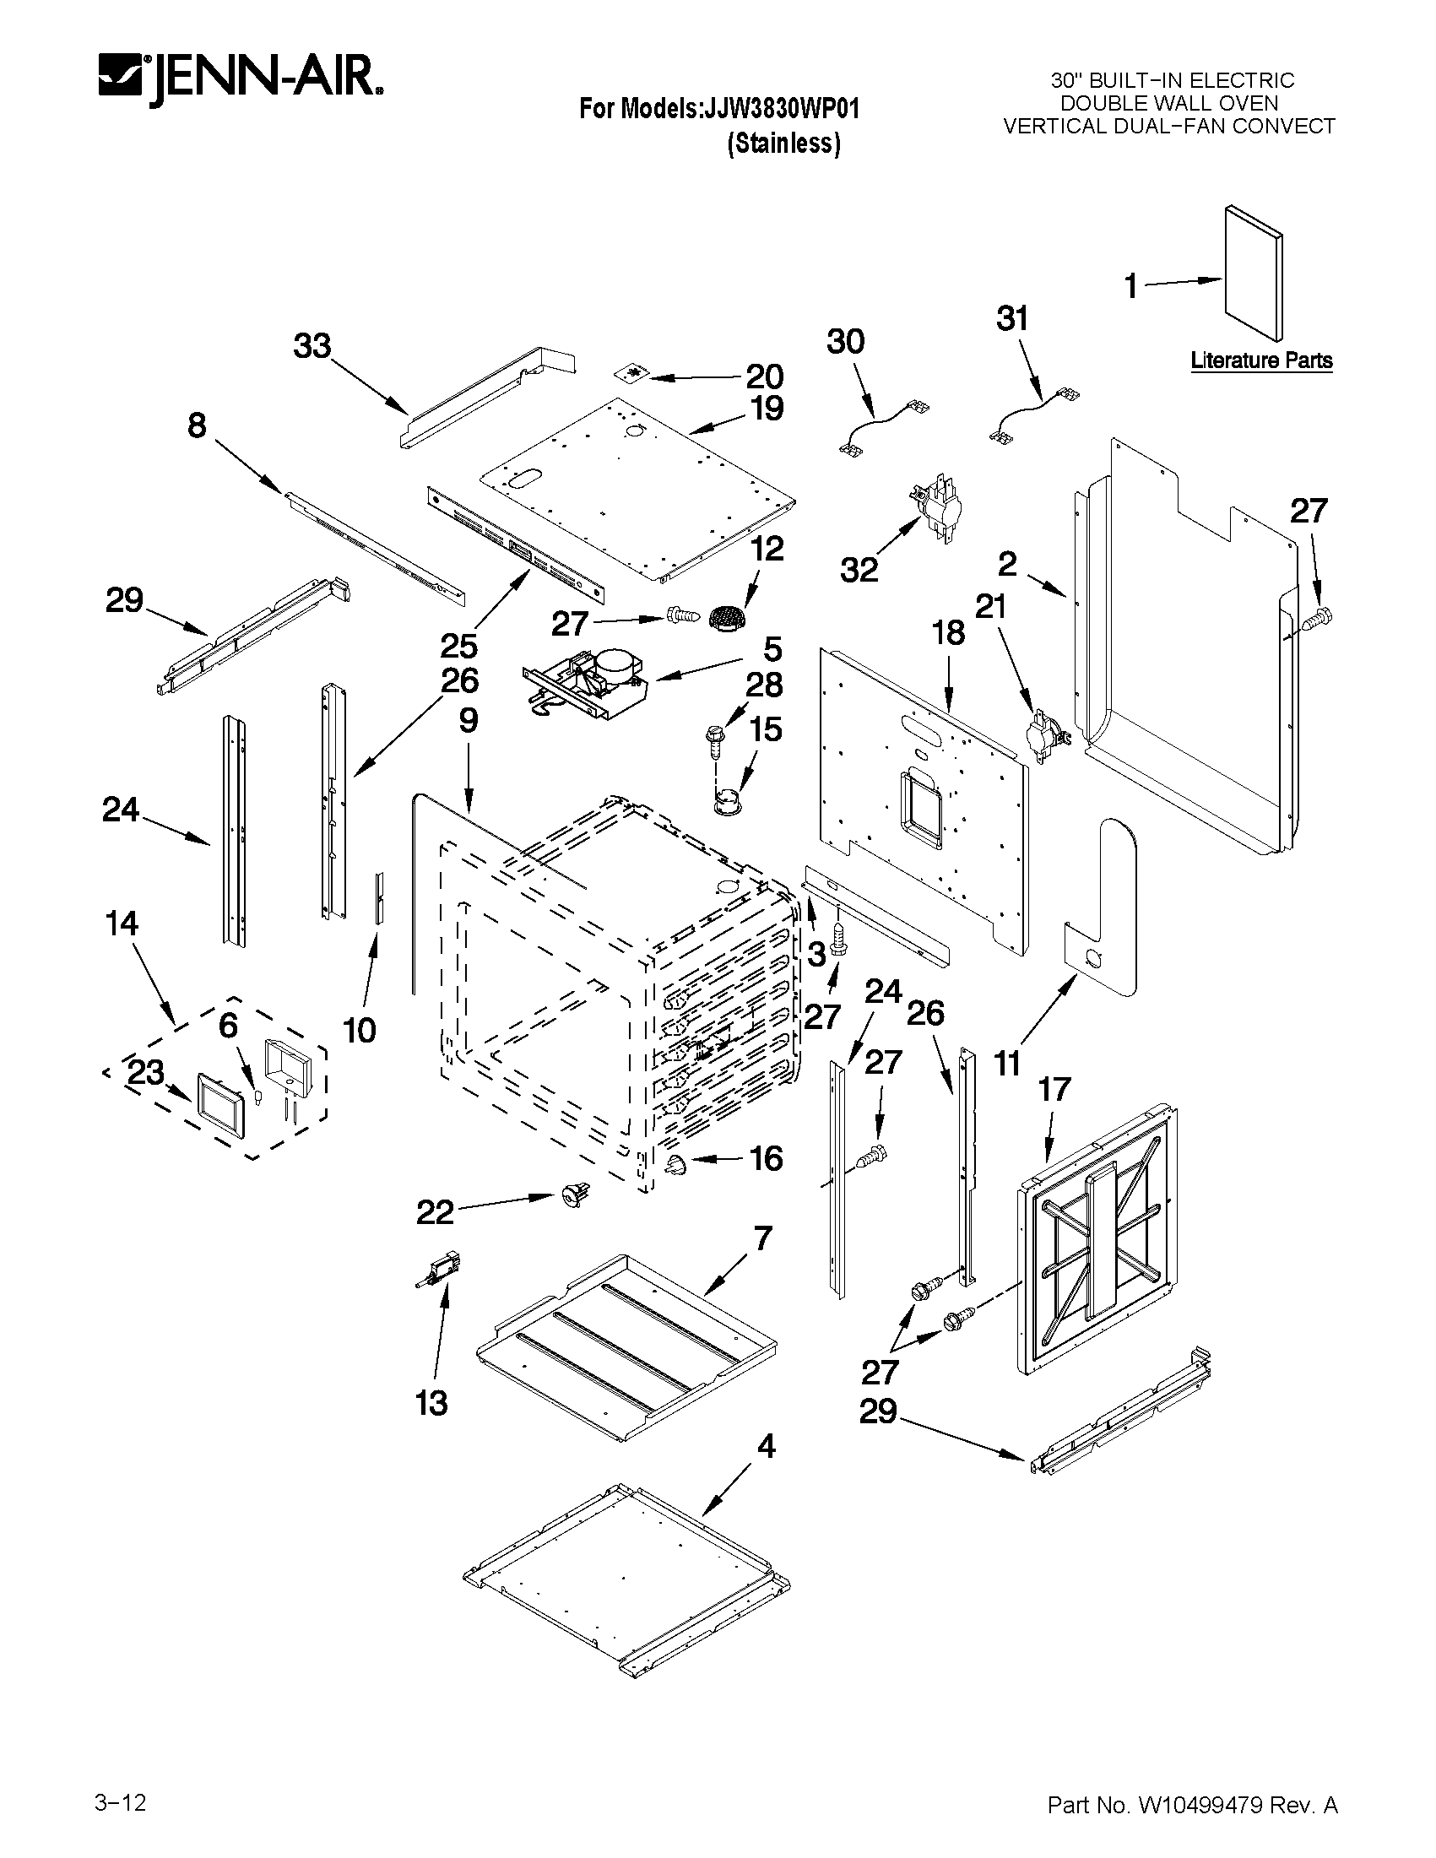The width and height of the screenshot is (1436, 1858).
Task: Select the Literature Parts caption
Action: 1260,360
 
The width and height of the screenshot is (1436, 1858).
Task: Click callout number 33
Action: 312,347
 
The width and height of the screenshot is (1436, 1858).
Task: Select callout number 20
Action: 764,376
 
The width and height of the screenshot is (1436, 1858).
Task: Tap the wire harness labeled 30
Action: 885,430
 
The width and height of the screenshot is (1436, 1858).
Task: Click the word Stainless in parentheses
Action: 783,144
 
